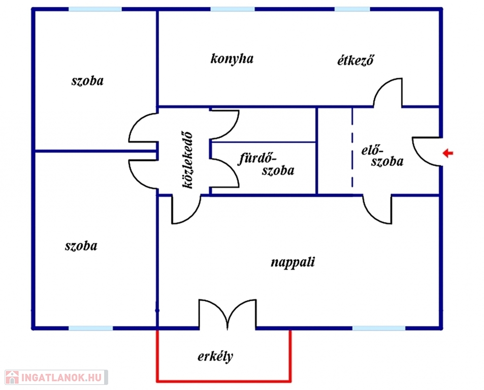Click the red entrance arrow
click(x=447, y=153)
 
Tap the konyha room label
click(x=232, y=59)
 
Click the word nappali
click(x=293, y=263)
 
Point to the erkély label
click(x=215, y=356)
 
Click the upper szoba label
click(x=87, y=81)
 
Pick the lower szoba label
click(x=81, y=246)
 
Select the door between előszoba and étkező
click(x=389, y=92)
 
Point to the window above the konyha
click(x=233, y=9)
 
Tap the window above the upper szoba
click(x=95, y=9)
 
